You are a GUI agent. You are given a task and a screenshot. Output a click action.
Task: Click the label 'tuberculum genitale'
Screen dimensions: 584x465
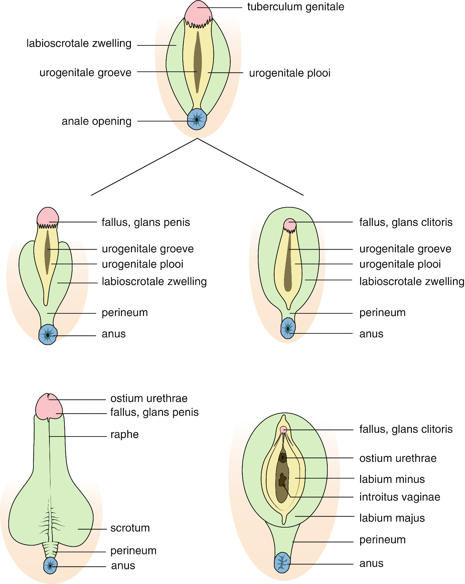coord(296,7)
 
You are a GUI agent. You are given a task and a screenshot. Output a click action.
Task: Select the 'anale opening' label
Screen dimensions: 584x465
coord(97,121)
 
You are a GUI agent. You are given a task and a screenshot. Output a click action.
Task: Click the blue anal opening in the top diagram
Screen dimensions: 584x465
coord(197,119)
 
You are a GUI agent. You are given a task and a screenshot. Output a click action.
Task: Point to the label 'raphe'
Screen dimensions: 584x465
coord(124,434)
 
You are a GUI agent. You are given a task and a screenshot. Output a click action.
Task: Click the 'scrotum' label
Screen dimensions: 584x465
coord(130,528)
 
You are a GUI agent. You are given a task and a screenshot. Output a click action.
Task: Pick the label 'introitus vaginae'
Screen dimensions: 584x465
coord(400,497)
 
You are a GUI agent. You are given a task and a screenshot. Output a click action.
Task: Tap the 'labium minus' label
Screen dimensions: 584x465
coord(392,479)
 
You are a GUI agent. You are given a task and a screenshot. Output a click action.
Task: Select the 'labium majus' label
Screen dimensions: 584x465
coord(392,518)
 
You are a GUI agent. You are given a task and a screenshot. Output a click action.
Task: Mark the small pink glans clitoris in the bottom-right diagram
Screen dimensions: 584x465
coord(283,429)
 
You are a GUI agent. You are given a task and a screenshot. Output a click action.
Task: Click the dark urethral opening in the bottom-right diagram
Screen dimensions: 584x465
coord(283,458)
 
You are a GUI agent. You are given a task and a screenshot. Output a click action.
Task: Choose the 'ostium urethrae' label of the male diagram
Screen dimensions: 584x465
coord(149,398)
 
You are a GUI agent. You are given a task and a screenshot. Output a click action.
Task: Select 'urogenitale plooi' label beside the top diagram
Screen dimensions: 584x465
coord(290,73)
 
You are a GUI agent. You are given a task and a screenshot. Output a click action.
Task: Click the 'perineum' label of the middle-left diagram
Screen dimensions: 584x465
coord(125,313)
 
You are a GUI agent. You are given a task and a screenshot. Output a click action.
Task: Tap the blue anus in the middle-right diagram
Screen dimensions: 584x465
coord(288,328)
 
